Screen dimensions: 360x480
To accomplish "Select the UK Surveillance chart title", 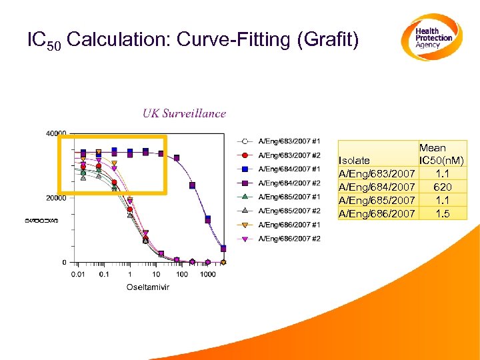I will (184, 113).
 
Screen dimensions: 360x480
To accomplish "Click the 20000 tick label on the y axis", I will (56, 198).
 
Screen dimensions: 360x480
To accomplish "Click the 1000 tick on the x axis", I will (207, 274).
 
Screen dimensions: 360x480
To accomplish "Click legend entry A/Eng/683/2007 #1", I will (289, 141).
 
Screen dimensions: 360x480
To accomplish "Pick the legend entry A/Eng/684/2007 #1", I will (289, 169).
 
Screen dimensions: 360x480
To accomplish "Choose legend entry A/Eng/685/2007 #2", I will (289, 211).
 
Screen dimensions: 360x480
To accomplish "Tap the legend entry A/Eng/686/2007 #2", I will (289, 239).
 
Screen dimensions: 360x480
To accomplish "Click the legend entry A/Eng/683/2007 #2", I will (289, 155).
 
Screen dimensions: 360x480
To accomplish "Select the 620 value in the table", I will (442, 187).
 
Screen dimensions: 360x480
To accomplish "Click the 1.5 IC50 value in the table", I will (442, 213).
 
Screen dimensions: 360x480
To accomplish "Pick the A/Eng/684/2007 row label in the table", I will (377, 187).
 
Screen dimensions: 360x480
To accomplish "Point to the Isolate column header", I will (354, 161).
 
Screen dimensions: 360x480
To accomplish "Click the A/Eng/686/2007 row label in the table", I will (377, 213).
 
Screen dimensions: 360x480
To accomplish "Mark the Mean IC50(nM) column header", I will (441, 154).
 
